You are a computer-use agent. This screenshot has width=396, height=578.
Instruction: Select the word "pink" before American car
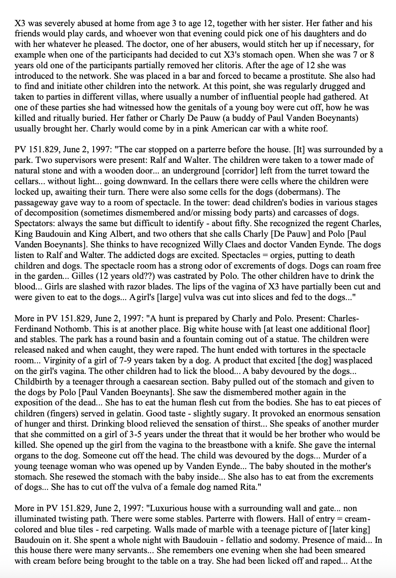coord(191,129)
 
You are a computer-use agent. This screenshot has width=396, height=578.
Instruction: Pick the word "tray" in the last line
coord(204,561)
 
